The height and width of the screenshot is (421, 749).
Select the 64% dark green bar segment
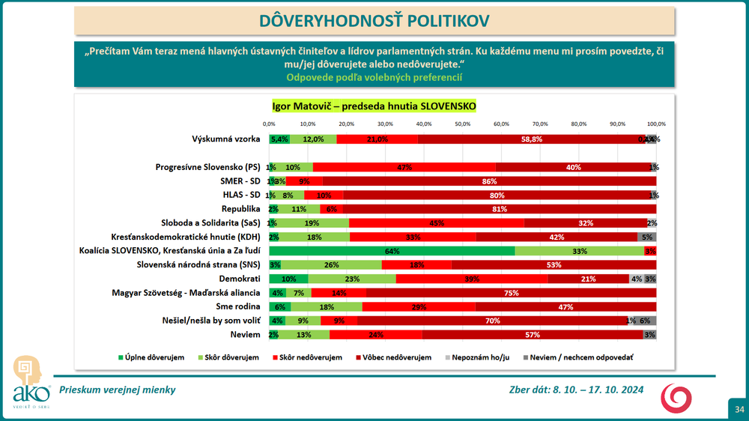[392, 250]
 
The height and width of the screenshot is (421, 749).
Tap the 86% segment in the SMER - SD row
[490, 181]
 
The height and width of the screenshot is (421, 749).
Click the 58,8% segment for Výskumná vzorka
[532, 139]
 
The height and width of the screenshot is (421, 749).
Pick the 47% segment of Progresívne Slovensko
[404, 167]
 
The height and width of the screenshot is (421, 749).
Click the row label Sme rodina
[239, 306]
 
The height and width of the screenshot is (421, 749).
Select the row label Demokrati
[240, 278]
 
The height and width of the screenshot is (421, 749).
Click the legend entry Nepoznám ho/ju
[480, 357]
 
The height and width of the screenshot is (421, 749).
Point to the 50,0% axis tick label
[462, 124]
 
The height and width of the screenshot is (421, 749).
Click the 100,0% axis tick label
[656, 124]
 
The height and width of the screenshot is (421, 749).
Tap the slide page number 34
[739, 409]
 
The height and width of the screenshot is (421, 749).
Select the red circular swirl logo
[676, 398]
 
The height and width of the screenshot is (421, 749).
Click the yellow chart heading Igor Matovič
[374, 106]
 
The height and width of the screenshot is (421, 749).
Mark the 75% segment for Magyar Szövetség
[511, 292]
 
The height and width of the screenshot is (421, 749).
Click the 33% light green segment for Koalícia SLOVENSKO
[579, 250]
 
